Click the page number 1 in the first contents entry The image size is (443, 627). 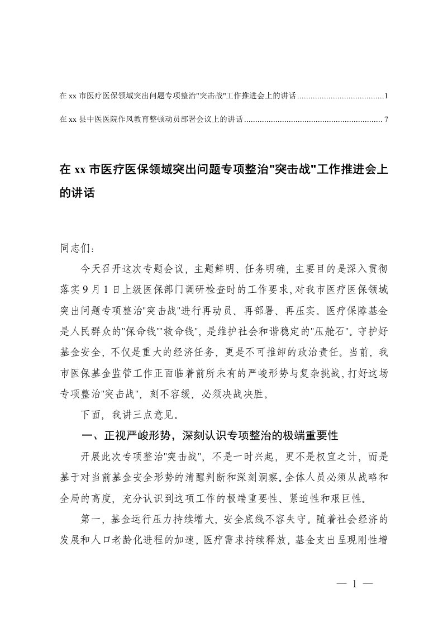point(385,97)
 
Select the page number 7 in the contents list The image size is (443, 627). point(385,119)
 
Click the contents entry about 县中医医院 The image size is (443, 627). point(151,119)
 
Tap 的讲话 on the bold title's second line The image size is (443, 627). point(78,193)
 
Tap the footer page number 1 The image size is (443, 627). point(354,584)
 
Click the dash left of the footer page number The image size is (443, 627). point(341,584)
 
